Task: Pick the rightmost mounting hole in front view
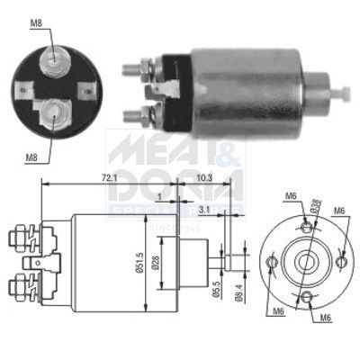(342, 261)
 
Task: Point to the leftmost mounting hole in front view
(271, 262)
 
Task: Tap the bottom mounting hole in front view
(306, 297)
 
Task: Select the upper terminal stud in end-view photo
(56, 56)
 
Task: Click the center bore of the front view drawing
(306, 261)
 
